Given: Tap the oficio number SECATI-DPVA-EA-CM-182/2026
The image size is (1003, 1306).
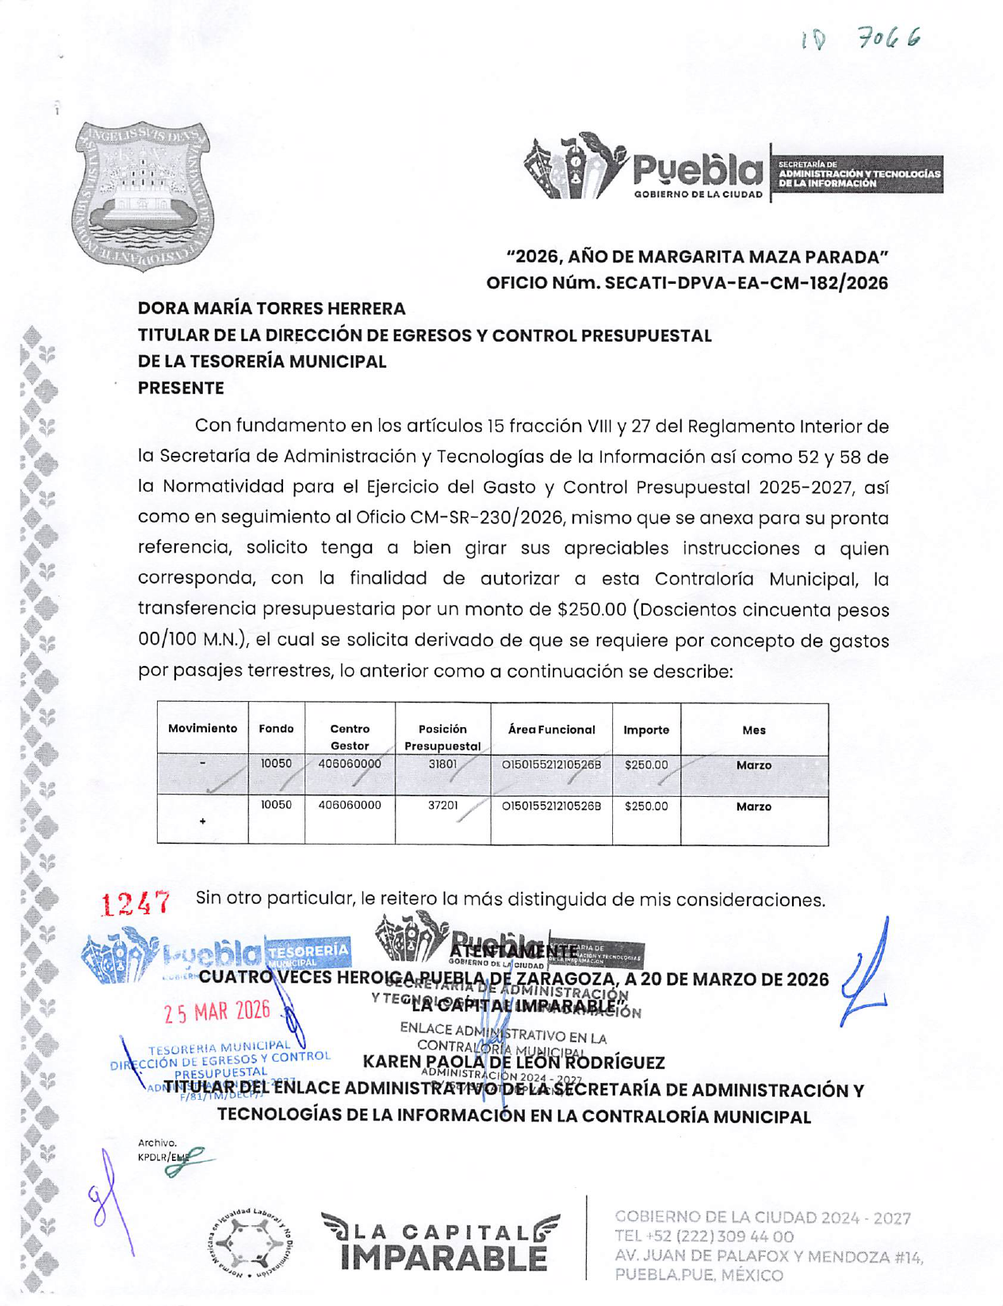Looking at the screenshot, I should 746,283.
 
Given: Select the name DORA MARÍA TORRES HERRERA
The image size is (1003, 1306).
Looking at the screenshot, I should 271,308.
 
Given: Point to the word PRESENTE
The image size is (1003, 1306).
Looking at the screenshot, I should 181,388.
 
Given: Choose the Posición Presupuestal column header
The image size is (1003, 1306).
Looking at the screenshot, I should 442,737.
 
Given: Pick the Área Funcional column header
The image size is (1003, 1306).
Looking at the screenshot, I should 551,730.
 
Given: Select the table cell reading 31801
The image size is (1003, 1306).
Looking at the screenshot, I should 442,764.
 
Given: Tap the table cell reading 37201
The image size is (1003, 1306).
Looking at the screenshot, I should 442,806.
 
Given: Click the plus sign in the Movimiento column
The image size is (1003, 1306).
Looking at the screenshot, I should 203,822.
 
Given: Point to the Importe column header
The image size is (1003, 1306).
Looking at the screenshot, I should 645,730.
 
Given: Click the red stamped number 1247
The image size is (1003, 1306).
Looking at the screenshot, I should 136,902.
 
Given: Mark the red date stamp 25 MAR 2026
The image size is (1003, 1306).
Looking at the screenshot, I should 217,1012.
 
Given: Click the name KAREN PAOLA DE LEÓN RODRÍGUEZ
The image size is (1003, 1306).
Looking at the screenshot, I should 513,1062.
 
